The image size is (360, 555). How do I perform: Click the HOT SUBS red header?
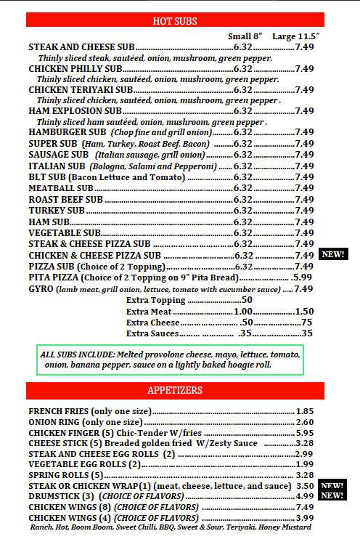click(x=175, y=21)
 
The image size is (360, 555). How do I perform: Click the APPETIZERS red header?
click(x=175, y=391)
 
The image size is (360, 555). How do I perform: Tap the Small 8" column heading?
click(x=245, y=36)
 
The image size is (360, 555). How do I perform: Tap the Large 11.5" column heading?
click(x=295, y=36)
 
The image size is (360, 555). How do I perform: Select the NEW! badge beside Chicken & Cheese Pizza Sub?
click(x=332, y=255)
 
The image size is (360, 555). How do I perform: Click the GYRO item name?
click(x=41, y=288)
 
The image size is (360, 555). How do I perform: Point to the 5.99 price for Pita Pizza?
click(x=302, y=277)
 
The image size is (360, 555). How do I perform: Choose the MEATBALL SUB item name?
click(x=59, y=188)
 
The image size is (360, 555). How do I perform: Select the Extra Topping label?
click(x=155, y=300)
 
